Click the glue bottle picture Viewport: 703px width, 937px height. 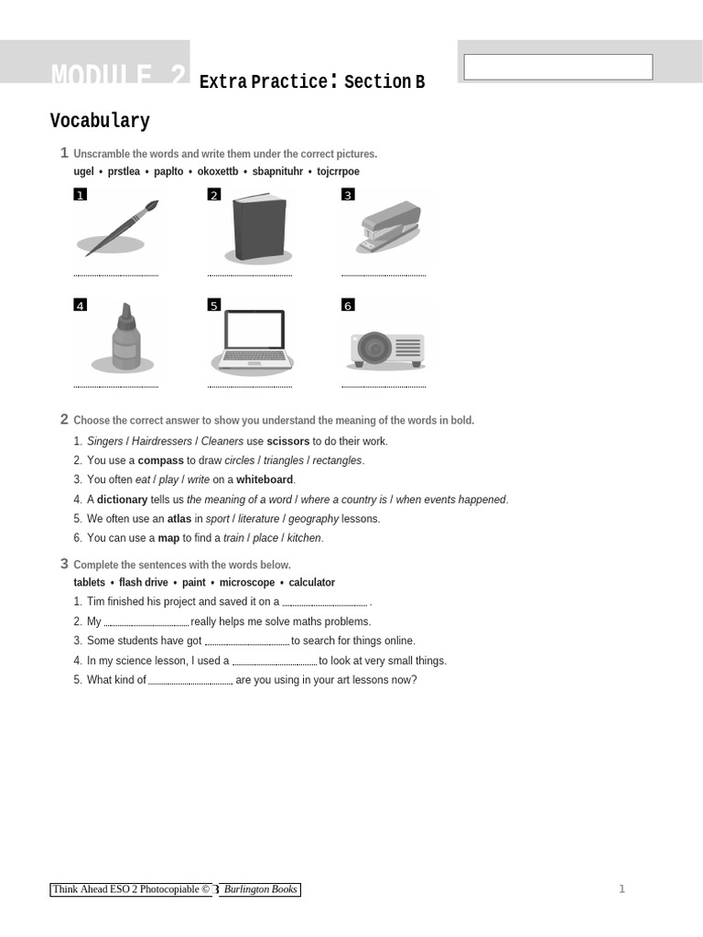coord(125,337)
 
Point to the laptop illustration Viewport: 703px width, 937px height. coord(254,341)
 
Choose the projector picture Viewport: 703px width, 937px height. coord(386,349)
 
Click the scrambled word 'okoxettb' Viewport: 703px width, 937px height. coord(218,171)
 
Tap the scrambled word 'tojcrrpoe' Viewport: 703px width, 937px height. coord(338,171)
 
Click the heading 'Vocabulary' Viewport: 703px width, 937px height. coord(100,121)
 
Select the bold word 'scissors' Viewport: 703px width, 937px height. coord(287,441)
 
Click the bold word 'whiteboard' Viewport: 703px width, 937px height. coord(265,479)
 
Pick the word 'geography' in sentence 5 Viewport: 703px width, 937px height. coord(313,519)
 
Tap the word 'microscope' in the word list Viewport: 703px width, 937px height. coord(246,582)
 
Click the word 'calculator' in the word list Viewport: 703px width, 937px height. coord(311,582)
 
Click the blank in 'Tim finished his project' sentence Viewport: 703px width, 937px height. coord(325,603)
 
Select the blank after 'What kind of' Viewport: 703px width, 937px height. coord(190,681)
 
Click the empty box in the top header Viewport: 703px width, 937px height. coord(557,67)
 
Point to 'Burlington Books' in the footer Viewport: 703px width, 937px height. coord(261,889)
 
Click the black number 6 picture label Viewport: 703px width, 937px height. coord(348,305)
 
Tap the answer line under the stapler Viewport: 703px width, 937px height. coord(384,275)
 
